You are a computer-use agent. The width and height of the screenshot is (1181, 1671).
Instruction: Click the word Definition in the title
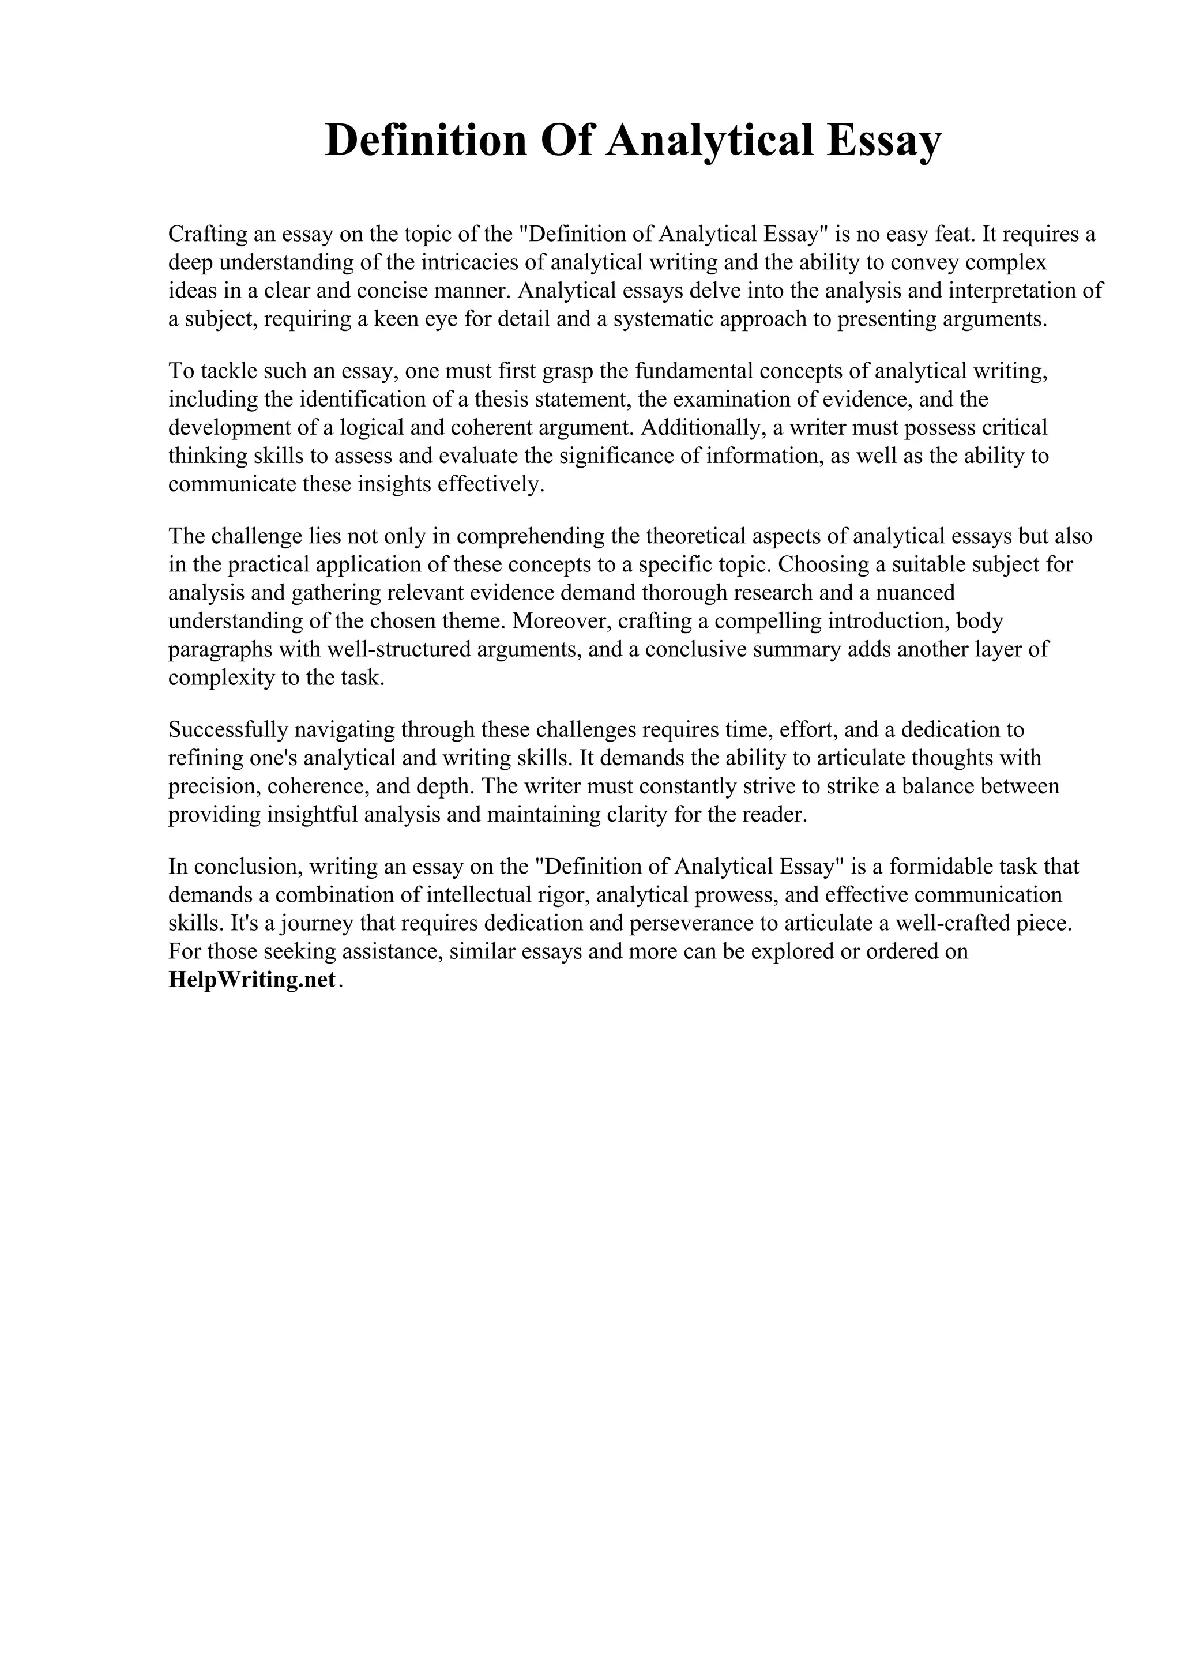point(426,141)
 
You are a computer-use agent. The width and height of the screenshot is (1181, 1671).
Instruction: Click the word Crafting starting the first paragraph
point(206,234)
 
